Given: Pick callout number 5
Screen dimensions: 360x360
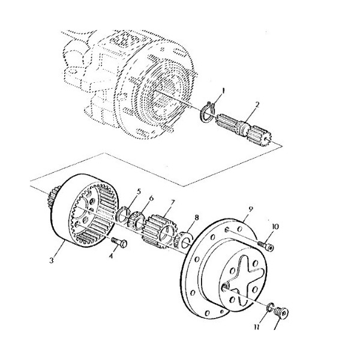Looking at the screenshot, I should tap(139, 191).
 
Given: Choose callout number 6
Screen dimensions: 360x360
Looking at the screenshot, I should tap(151, 197).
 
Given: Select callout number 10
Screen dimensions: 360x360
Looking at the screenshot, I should tap(276, 227).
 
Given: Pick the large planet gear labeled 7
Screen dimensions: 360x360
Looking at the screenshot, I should tap(158, 231).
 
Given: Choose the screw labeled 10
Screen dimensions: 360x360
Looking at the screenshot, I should tap(266, 245).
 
